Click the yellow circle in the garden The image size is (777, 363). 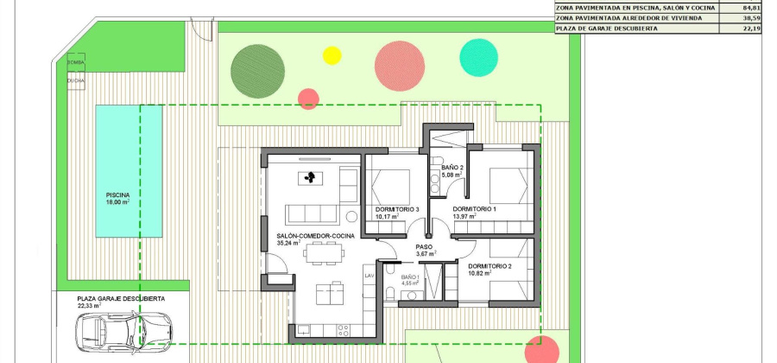[332, 55]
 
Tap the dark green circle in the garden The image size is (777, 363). [257, 65]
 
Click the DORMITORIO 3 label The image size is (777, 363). [397, 210]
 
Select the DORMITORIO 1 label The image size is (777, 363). [475, 210]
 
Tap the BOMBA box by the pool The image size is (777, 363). [76, 63]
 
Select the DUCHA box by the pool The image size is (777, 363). [76, 80]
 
